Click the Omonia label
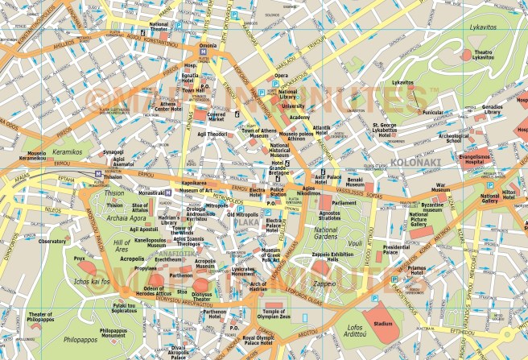tap(208, 47)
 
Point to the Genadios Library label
tap(493, 110)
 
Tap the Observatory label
tap(52, 241)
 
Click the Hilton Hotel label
tap(512, 196)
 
